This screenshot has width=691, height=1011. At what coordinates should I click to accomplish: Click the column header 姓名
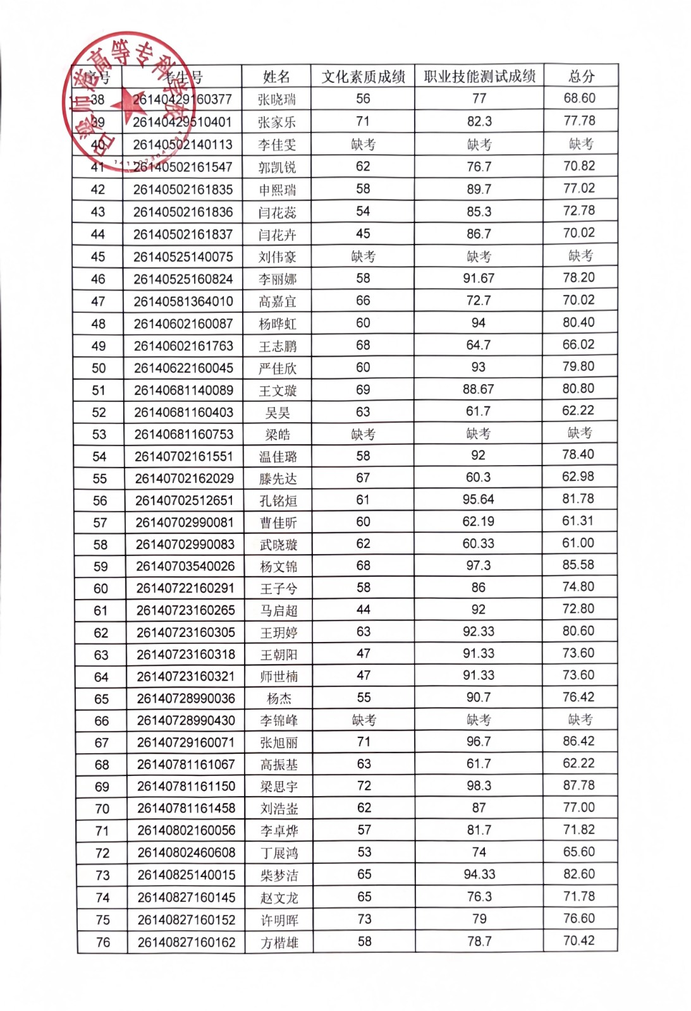(276, 77)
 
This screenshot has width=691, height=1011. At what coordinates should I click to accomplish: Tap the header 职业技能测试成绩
(479, 76)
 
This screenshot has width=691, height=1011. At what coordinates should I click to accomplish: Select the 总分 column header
(581, 76)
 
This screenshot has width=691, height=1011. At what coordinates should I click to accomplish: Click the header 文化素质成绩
(363, 77)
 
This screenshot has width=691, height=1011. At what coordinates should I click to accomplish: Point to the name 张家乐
(276, 122)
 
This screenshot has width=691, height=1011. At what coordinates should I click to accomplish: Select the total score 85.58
(578, 565)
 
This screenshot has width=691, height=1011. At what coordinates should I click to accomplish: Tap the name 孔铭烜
(278, 501)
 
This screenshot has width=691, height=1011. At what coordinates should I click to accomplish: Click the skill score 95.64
(478, 499)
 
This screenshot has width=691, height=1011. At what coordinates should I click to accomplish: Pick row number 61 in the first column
(101, 611)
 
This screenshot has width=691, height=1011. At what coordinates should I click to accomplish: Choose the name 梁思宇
(279, 787)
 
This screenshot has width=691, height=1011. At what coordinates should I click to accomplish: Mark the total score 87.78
(579, 785)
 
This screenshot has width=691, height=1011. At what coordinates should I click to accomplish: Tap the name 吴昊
(278, 413)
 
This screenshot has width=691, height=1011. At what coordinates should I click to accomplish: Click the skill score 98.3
(479, 786)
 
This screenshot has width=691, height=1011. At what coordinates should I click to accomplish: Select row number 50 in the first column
(99, 368)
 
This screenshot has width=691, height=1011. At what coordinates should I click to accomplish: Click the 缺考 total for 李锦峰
(580, 719)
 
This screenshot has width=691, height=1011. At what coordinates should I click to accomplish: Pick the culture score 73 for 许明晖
(365, 919)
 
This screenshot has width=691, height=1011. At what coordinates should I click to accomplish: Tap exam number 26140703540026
(185, 566)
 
